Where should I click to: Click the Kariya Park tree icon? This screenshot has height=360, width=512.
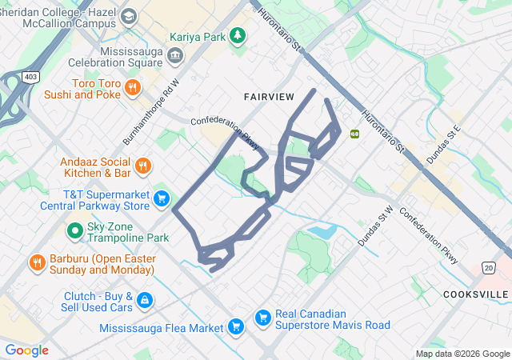[238, 36]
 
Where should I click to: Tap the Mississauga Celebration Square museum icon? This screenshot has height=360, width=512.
[176, 55]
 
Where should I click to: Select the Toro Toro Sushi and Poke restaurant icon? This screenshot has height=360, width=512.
[133, 87]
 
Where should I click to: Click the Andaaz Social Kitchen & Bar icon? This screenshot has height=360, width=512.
[142, 166]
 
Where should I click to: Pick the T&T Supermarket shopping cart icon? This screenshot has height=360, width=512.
[162, 198]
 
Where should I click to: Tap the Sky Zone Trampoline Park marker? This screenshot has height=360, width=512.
[74, 231]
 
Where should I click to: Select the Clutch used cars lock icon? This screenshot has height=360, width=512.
[144, 300]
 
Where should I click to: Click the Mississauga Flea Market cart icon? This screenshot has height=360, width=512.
[235, 326]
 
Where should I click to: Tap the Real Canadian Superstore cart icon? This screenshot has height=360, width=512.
[262, 318]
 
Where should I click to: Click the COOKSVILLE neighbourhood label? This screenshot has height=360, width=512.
[475, 294]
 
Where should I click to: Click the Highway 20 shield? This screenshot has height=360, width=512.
[488, 266]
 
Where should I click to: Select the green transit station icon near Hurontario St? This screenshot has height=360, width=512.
[354, 134]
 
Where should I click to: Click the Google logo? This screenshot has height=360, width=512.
[26, 350]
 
